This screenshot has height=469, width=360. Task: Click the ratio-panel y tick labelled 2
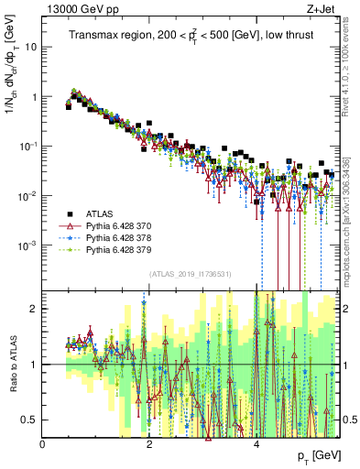coord(35,309)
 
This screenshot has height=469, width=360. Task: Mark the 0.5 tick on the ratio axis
coord(31,420)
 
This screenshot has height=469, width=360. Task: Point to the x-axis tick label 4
coord(256,444)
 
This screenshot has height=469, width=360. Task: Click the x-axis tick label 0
coord(43,444)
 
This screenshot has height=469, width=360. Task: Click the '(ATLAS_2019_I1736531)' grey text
coord(191,273)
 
